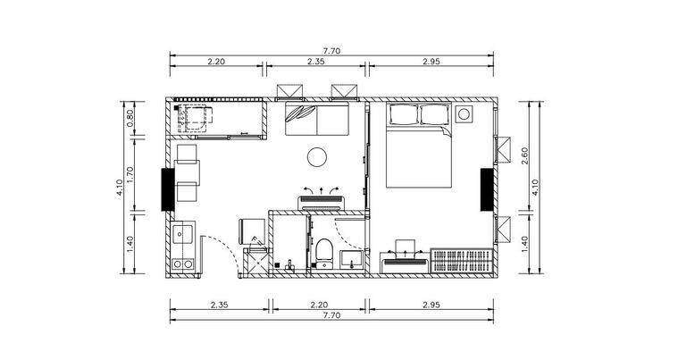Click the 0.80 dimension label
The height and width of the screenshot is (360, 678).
130,119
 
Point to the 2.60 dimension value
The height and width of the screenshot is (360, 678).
524,156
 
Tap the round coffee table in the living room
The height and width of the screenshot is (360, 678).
317,157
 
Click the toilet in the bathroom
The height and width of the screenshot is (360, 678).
323,254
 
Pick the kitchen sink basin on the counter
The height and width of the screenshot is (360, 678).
182,234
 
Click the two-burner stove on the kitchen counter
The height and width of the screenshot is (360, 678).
182,264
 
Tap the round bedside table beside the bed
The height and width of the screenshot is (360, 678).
464,114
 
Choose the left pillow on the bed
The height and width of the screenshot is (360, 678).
404,114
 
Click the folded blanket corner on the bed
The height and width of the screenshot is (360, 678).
447,131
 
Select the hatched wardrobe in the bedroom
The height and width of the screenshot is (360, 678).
462,261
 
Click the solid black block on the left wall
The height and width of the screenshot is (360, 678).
168,189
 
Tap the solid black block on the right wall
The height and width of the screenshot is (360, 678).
487,189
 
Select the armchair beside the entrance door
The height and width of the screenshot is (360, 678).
252,231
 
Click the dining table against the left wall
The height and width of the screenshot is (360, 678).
188,173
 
